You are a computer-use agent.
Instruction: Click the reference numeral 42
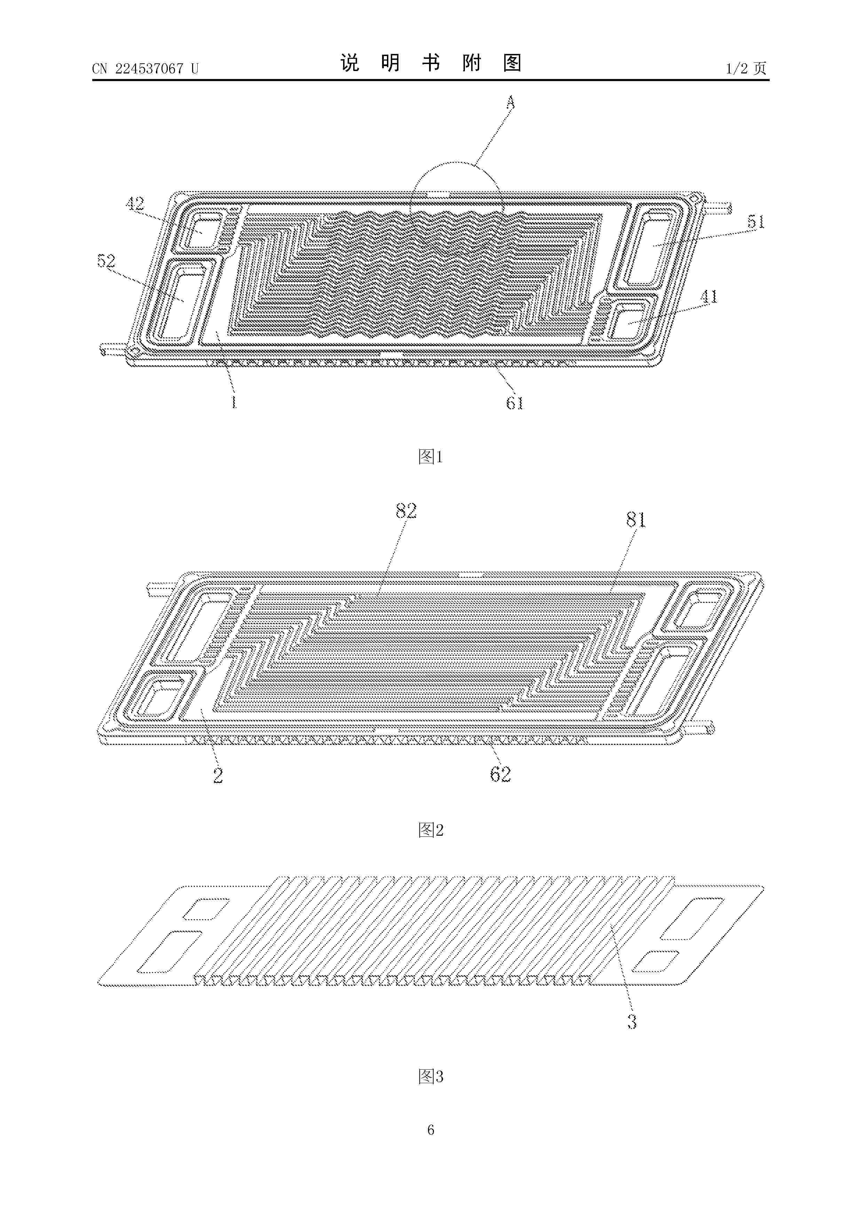(135, 203)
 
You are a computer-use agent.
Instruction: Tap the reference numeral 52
(106, 261)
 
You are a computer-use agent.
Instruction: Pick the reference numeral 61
(515, 403)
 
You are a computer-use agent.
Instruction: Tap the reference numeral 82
(406, 511)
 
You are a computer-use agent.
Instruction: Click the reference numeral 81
(636, 520)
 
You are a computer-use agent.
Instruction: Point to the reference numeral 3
(632, 1022)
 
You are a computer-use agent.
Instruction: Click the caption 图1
(431, 456)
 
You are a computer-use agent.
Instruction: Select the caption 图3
(431, 1077)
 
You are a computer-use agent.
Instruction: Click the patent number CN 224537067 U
(145, 69)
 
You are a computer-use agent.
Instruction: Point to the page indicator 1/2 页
(746, 68)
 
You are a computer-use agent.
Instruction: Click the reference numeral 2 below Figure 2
(218, 776)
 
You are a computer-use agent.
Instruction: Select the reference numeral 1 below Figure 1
(234, 403)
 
